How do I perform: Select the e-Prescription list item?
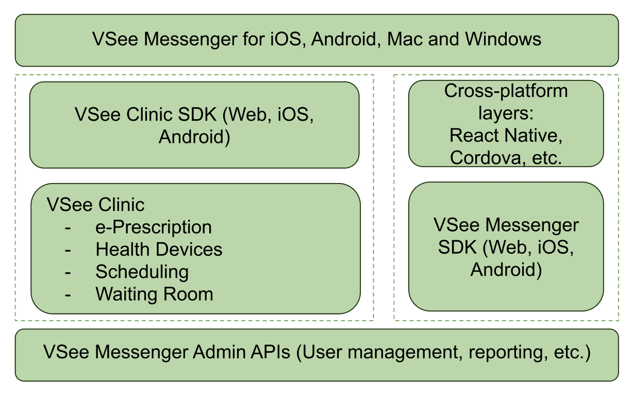point(154,227)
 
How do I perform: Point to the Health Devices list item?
point(159,250)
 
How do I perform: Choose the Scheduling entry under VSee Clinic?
point(142,272)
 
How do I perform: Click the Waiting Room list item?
point(154,294)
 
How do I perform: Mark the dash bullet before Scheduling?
point(68,272)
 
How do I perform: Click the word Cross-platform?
point(506,91)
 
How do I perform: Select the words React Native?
point(505,136)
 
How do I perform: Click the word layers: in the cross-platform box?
point(506,113)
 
